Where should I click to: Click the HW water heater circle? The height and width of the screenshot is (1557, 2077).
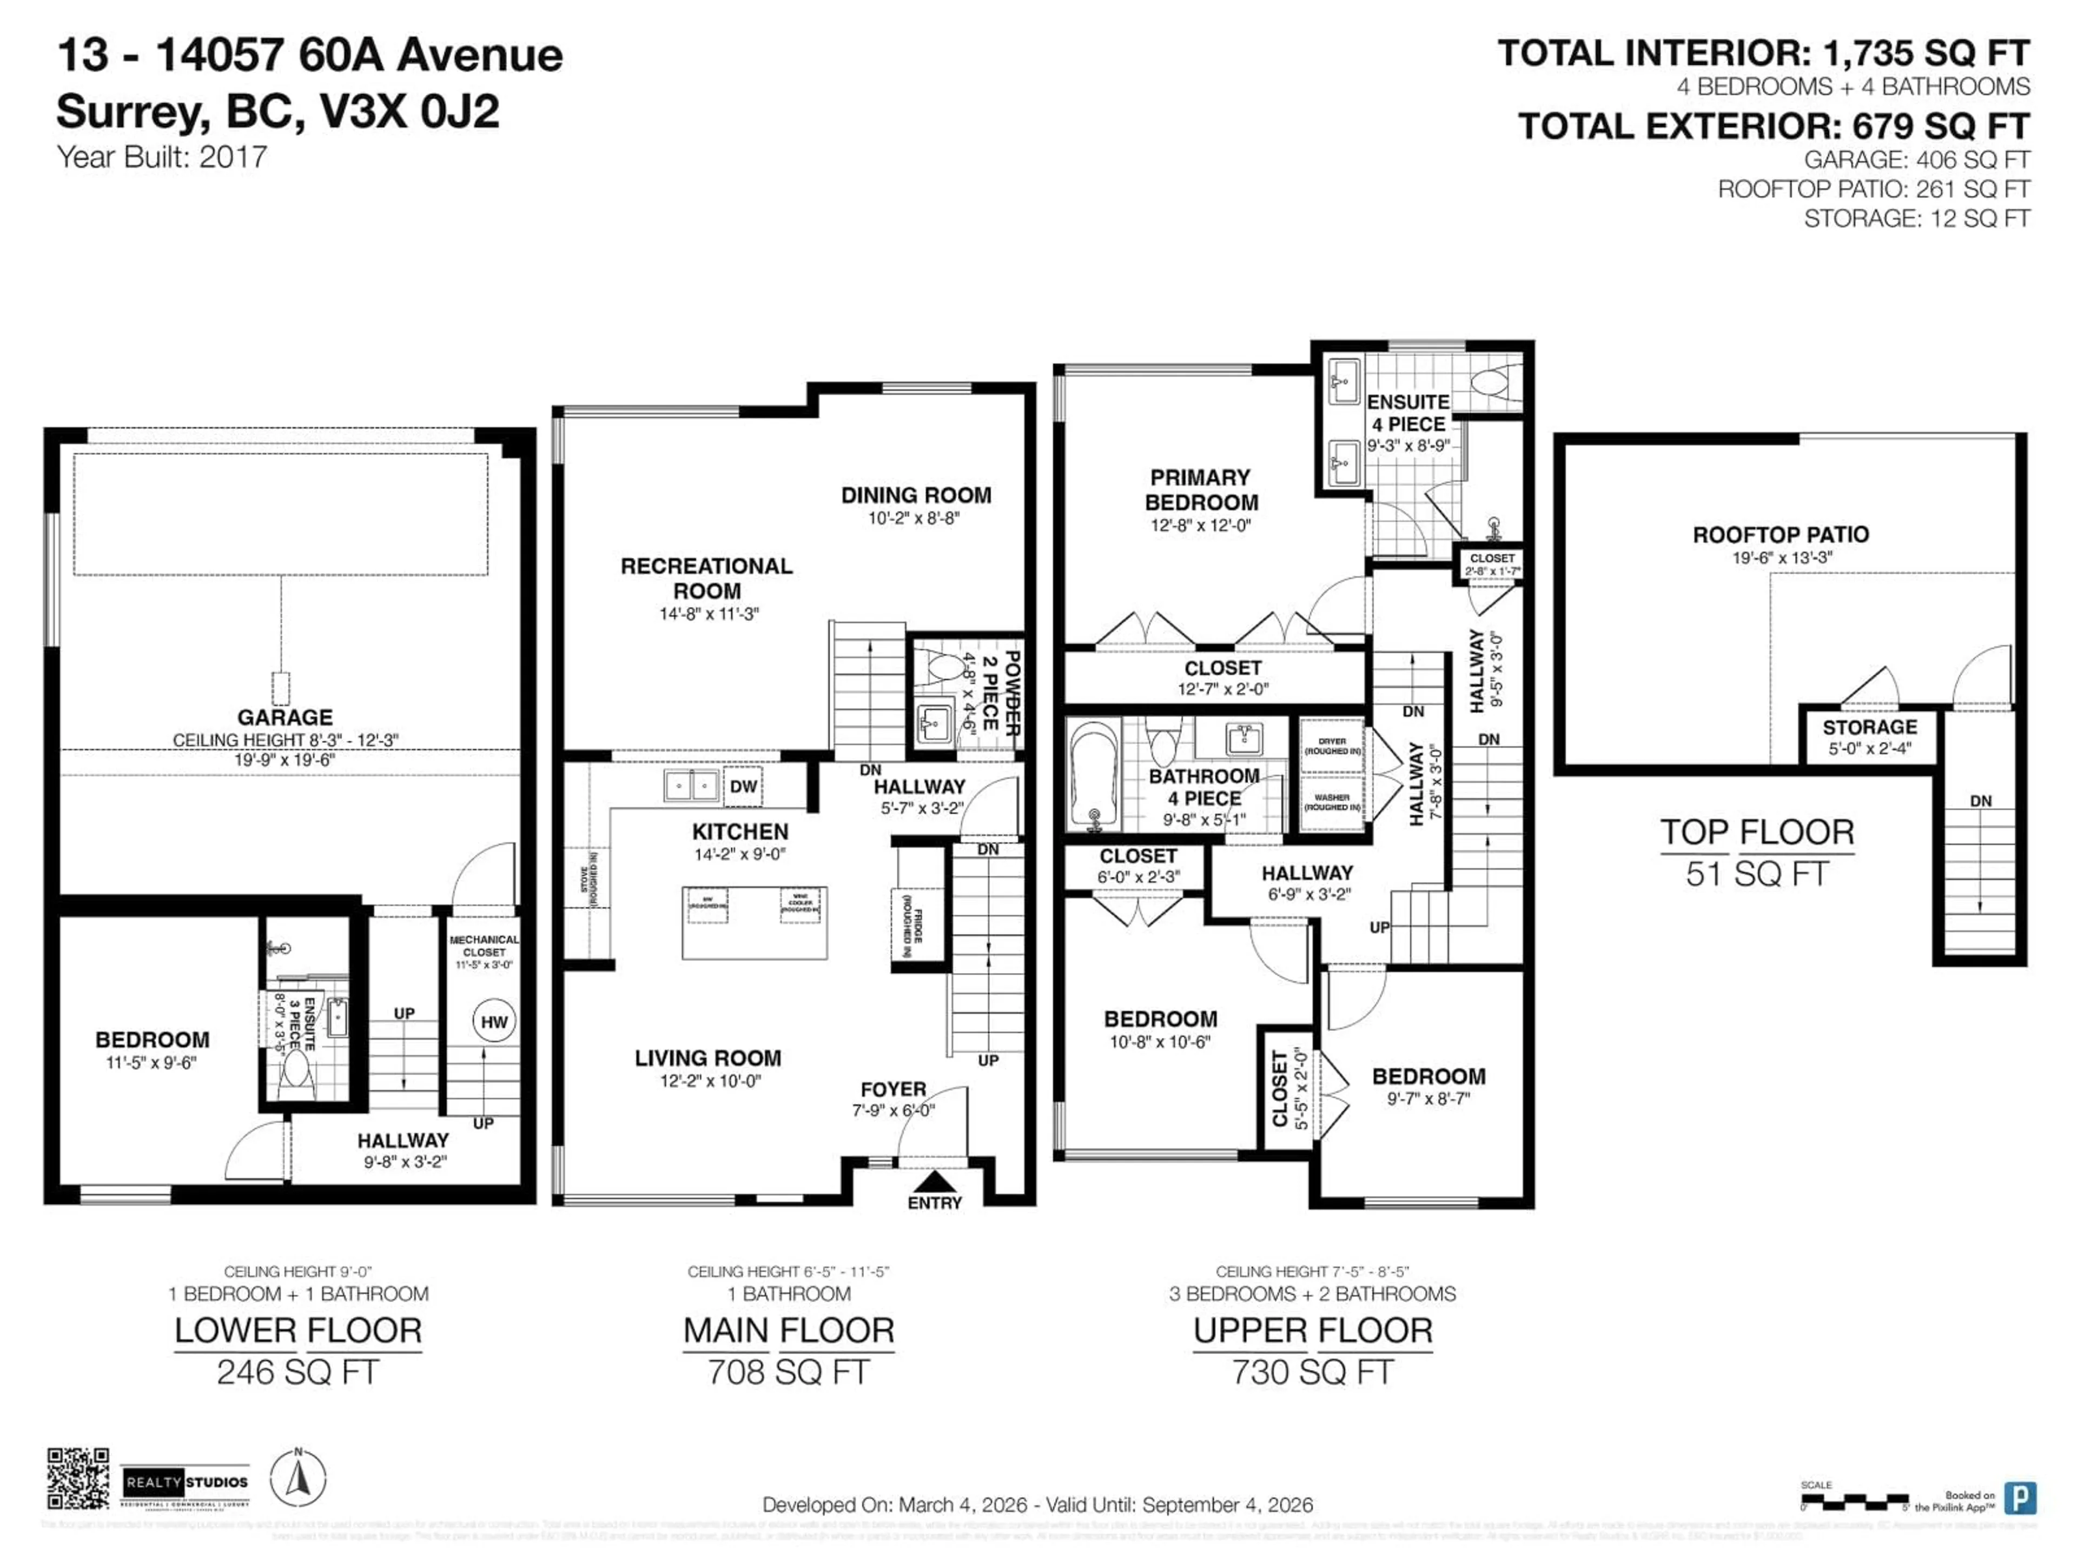[x=494, y=1022]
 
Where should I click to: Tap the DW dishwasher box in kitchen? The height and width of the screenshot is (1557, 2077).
[x=743, y=787]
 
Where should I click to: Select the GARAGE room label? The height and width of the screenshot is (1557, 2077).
[x=285, y=717]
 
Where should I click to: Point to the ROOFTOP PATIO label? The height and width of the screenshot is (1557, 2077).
[x=1780, y=535]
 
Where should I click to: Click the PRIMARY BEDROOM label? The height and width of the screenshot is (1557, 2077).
[x=1200, y=490]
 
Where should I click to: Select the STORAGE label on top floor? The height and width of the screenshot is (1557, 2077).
[x=1869, y=727]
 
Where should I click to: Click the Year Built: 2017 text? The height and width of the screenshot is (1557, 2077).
[x=162, y=157]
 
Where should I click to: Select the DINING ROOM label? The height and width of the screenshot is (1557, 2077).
[x=916, y=496]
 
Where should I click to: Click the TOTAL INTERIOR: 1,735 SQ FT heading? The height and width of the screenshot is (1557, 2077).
[x=1763, y=54]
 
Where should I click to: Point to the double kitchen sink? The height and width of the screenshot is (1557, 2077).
[x=691, y=784]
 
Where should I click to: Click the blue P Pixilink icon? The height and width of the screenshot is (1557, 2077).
[x=2020, y=1498]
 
